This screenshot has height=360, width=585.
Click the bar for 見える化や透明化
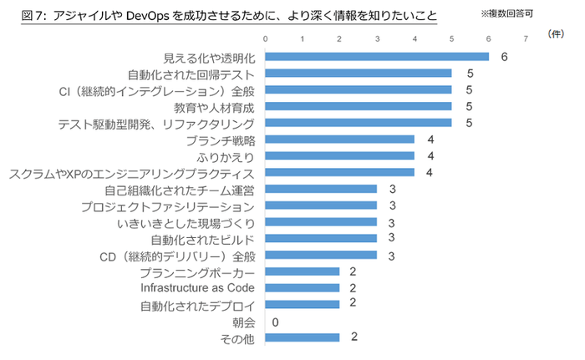click(377, 57)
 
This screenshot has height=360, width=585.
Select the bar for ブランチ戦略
click(339, 139)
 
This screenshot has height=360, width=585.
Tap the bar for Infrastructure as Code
click(303, 287)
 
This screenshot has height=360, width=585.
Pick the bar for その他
click(303, 337)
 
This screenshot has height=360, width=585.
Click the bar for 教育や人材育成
click(359, 107)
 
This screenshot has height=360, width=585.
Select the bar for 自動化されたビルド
click(321, 238)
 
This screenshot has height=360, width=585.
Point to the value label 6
click(505, 57)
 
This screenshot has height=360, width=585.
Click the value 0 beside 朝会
click(275, 322)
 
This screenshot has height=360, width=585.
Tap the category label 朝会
click(242, 322)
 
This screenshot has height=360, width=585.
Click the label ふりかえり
click(225, 156)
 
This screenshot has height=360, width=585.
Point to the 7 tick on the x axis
click(526, 39)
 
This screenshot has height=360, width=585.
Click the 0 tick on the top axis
click(265, 39)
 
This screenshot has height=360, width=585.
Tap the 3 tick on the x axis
click(377, 39)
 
